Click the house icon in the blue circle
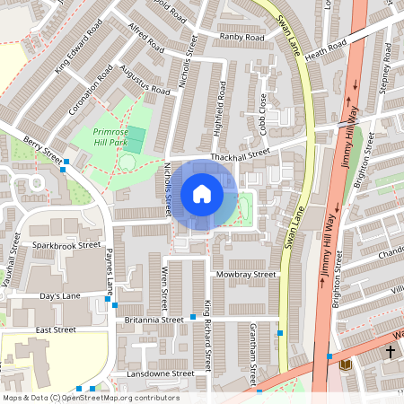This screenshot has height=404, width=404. [x=202, y=194]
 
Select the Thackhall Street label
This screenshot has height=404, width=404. [x=240, y=156]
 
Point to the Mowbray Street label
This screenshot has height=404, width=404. [x=245, y=274]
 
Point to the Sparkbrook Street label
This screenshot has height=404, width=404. [x=66, y=244]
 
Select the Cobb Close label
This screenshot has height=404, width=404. [x=262, y=111]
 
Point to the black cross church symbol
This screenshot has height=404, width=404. [x=390, y=351]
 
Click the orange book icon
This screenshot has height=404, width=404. [x=345, y=364]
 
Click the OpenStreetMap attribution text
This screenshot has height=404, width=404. [x=90, y=397]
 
